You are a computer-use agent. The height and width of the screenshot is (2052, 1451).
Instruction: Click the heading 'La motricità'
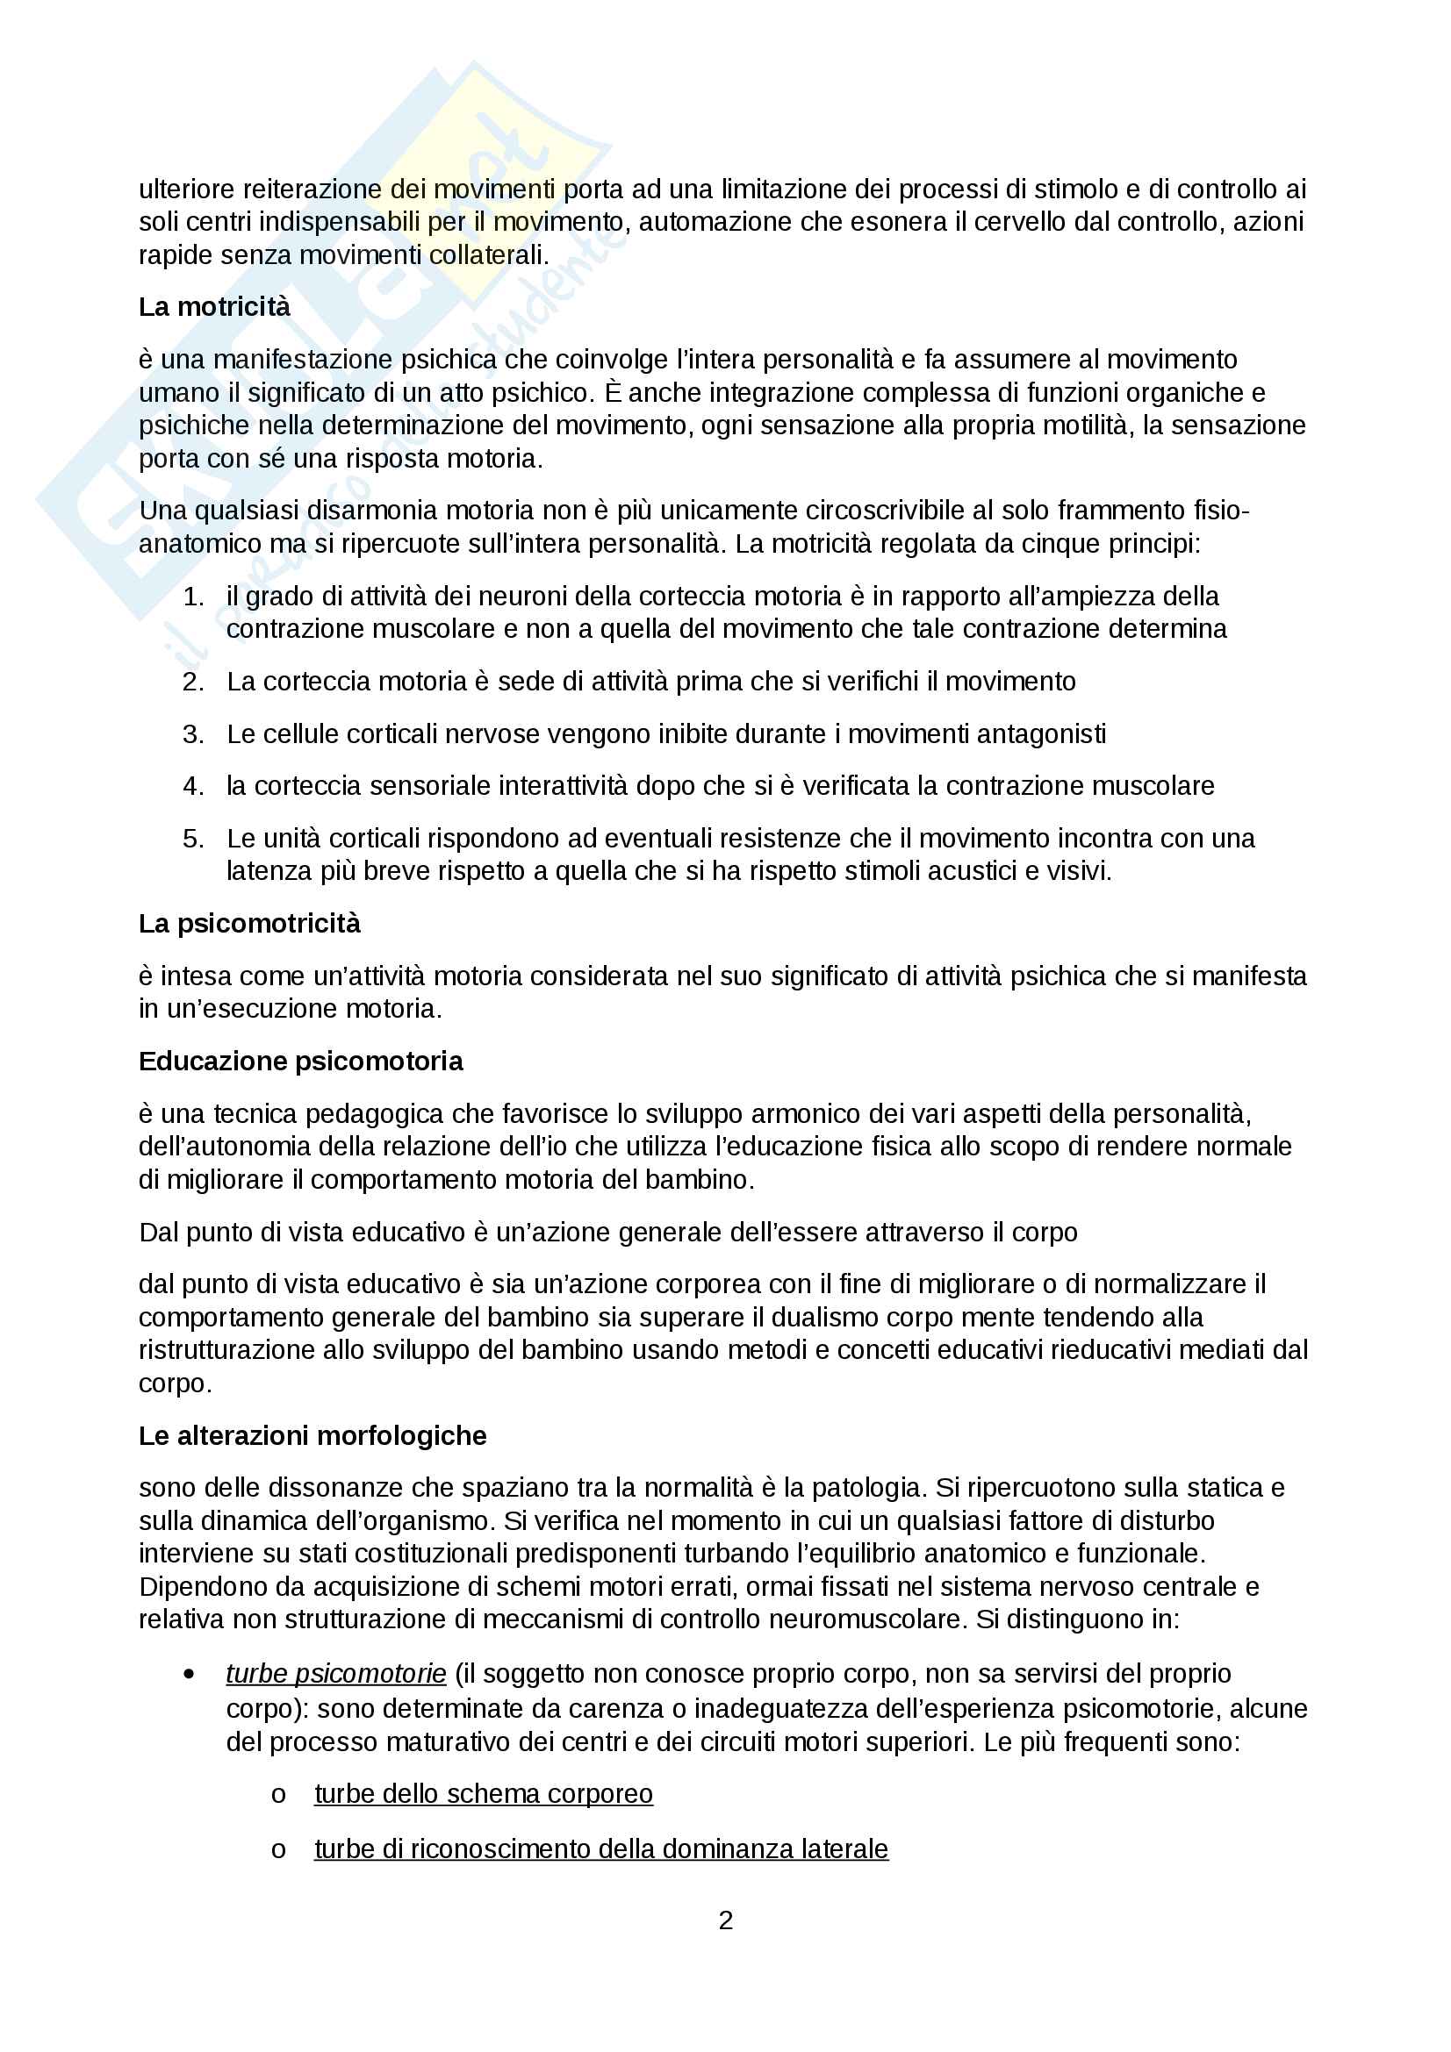point(213,306)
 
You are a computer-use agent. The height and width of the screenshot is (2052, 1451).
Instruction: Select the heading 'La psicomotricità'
point(249,923)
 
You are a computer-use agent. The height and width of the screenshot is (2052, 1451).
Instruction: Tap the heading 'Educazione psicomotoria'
point(300,1061)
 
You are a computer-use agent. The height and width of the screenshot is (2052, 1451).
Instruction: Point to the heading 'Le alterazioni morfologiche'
point(312,1435)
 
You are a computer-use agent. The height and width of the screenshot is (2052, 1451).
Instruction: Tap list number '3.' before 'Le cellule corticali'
point(193,733)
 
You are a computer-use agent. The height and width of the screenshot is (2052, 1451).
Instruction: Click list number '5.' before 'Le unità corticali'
point(193,839)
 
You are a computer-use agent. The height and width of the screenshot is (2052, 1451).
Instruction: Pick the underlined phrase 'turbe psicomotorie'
point(336,1673)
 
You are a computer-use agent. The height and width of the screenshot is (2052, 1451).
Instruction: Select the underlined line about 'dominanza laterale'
point(600,1848)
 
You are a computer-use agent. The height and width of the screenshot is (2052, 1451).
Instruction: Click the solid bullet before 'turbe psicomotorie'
point(189,1674)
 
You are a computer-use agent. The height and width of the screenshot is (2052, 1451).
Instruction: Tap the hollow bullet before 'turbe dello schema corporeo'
point(278,1795)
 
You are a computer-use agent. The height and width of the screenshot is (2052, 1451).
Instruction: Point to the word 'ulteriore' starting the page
point(187,189)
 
